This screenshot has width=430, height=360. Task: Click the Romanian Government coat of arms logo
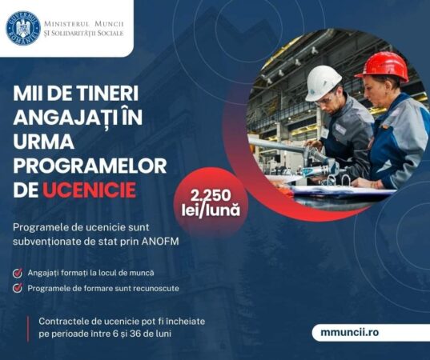22,27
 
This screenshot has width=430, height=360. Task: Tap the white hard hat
324,82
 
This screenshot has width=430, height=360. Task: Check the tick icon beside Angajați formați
18,273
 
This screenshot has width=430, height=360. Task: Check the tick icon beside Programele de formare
18,288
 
